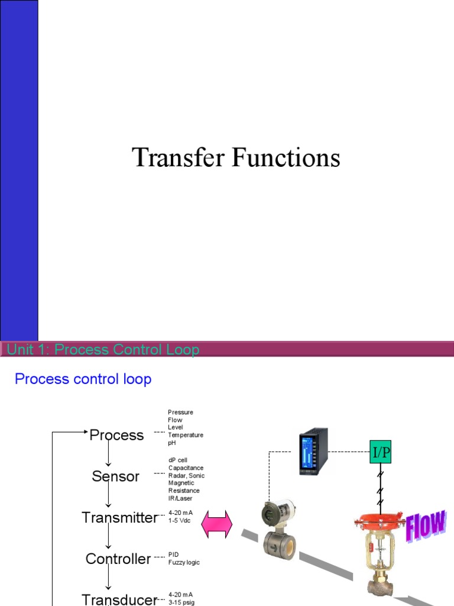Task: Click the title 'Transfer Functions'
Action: coord(236,159)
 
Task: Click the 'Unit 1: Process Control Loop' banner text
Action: coord(103,350)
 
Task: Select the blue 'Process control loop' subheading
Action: coord(83,379)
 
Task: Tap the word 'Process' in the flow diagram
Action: coord(116,436)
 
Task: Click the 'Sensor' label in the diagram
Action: coord(116,476)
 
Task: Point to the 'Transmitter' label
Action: coord(120,518)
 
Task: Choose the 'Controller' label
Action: coord(118,559)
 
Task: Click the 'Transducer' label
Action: coord(119,599)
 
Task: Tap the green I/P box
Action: coord(381,453)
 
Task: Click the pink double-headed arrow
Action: coord(218,525)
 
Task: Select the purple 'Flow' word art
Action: coord(426,526)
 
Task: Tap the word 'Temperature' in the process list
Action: coord(185,435)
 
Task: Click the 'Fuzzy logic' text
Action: coord(184,562)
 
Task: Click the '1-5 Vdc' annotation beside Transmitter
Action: coord(180,520)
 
